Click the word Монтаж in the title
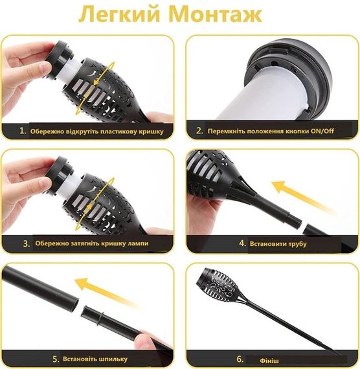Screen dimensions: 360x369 tap(215, 15)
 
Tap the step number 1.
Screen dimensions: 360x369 tap(23, 131)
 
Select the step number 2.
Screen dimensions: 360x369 tap(199, 131)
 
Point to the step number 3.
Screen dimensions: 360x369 tap(27, 243)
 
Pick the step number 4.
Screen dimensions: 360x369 tap(242, 243)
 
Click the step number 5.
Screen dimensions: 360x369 tap(56, 359)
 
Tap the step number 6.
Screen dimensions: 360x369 tap(240, 359)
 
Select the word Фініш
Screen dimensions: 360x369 tap(269, 361)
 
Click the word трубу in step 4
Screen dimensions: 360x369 tap(297, 244)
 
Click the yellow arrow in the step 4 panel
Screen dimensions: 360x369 tap(300, 196)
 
